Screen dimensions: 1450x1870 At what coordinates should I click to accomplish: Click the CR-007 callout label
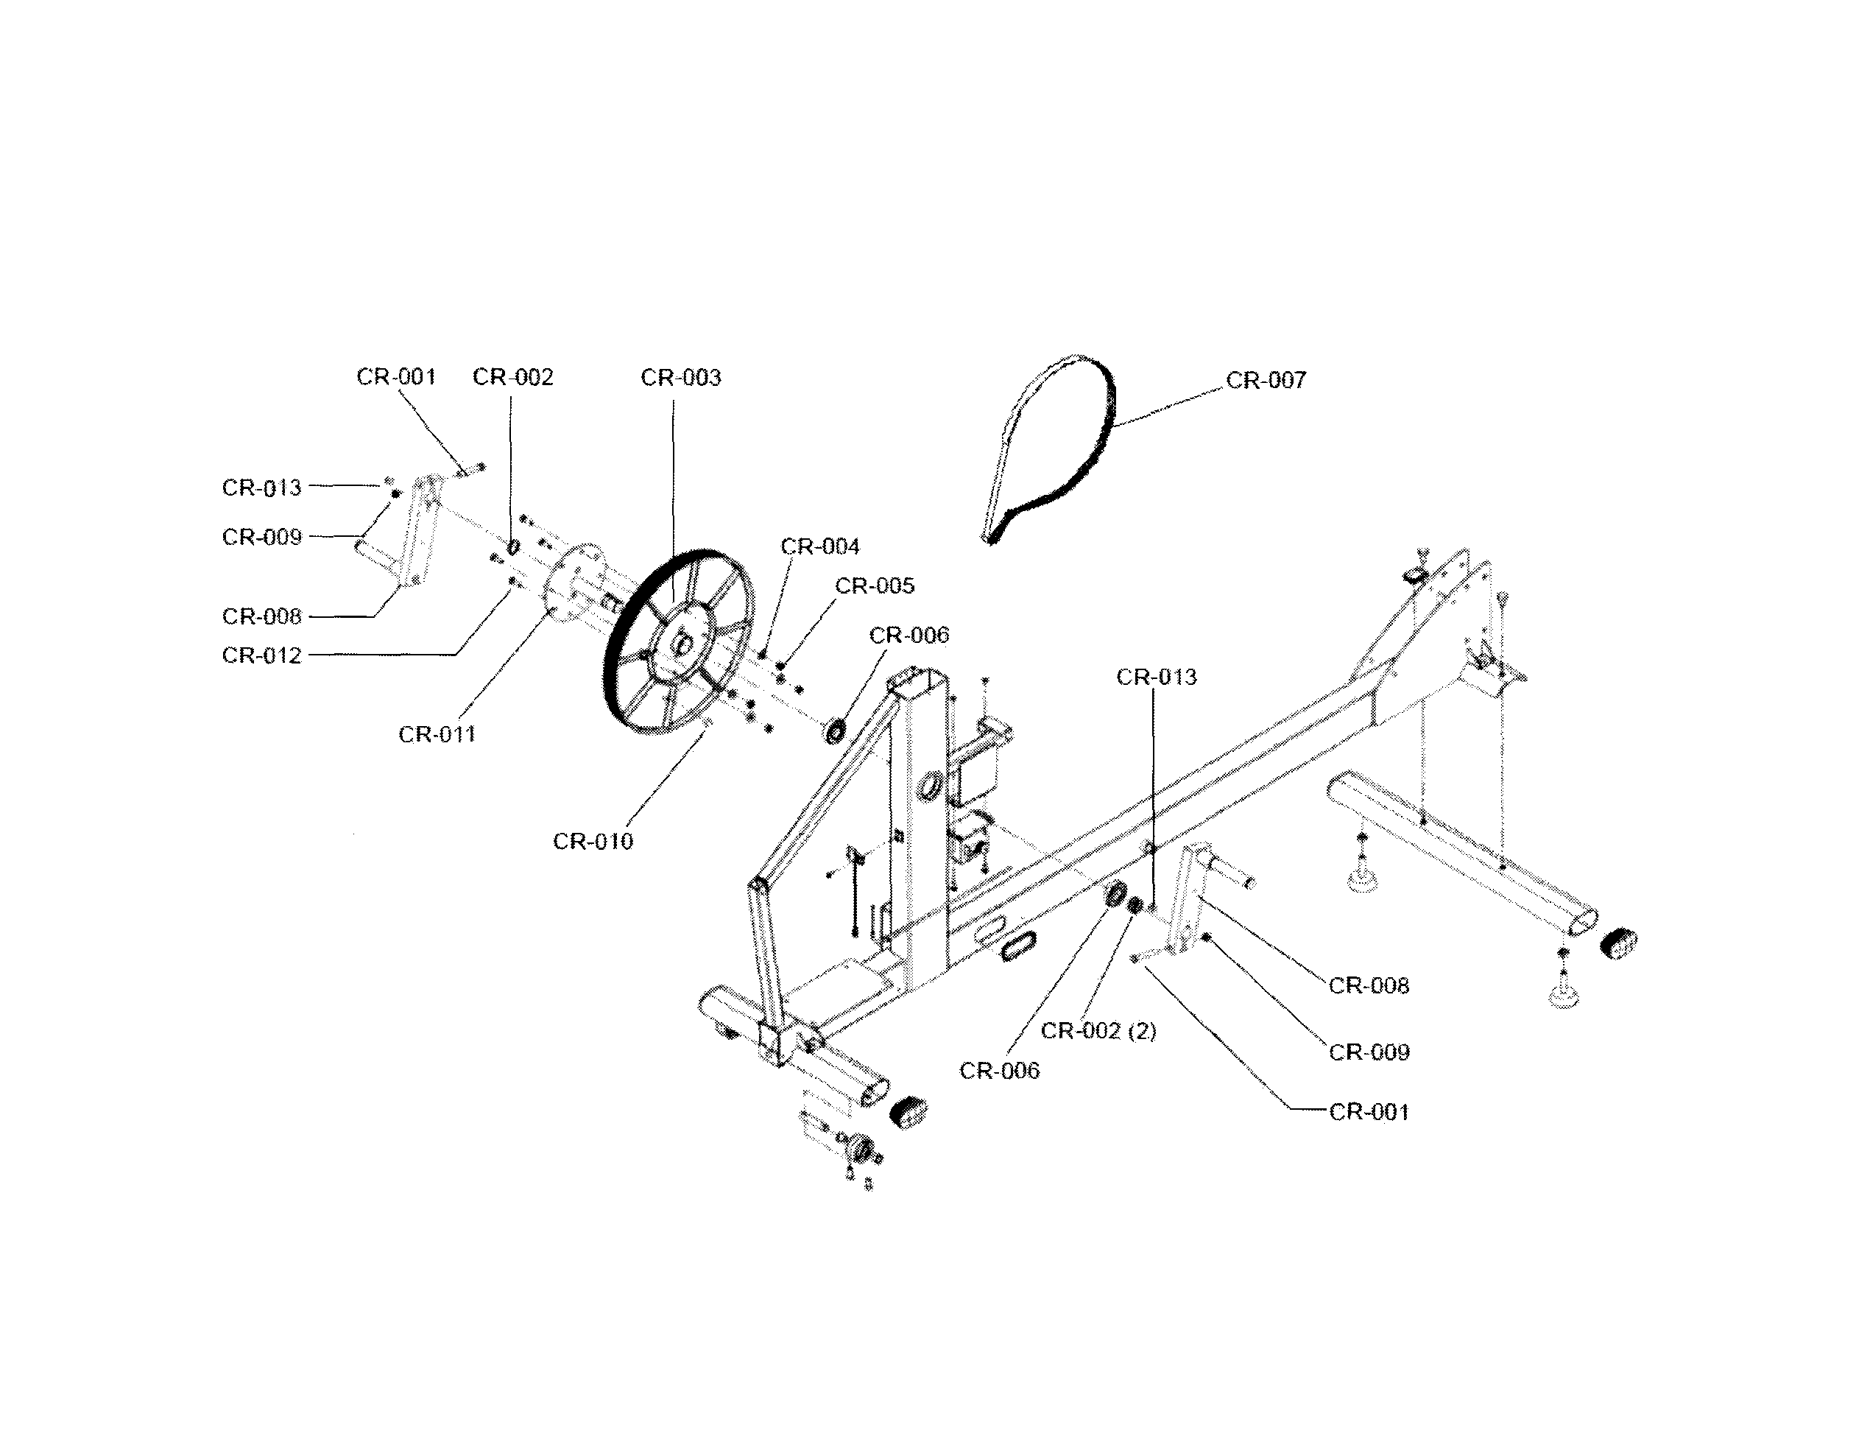[x=1266, y=380]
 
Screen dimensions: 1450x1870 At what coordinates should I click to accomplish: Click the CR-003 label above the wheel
[x=681, y=378]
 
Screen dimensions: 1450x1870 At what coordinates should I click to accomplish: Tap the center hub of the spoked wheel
[x=682, y=640]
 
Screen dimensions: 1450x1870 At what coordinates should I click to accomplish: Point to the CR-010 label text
[x=593, y=841]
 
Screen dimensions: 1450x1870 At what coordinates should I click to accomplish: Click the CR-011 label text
[x=437, y=734]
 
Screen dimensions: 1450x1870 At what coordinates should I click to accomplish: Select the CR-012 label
[x=261, y=655]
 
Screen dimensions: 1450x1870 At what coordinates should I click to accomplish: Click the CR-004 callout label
[x=819, y=546]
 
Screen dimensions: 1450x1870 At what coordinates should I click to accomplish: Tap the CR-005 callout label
[x=874, y=586]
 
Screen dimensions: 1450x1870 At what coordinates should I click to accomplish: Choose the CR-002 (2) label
[x=1098, y=1031]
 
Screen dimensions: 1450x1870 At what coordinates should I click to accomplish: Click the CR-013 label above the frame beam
[x=1156, y=678]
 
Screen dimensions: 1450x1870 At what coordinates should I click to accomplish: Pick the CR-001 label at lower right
[x=1368, y=1112]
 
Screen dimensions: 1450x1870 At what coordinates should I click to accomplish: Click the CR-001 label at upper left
[x=395, y=377]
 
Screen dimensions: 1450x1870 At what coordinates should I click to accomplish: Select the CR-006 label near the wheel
[x=908, y=636]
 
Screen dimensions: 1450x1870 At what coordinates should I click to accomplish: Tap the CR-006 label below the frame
[x=998, y=1071]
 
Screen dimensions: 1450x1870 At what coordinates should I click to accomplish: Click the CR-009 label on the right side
[x=1368, y=1052]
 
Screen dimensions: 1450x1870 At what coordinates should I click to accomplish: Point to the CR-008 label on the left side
[x=261, y=616]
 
